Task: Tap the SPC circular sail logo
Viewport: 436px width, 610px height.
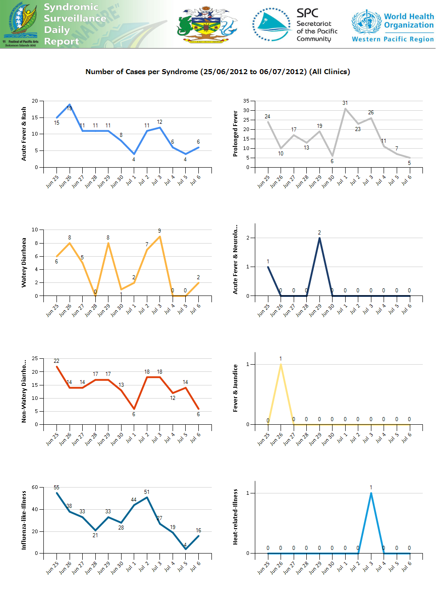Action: (272, 24)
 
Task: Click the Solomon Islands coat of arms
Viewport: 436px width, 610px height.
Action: (206, 24)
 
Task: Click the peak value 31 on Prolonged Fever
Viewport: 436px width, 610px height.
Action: (345, 103)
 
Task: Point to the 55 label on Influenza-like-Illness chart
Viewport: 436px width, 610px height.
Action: (56, 488)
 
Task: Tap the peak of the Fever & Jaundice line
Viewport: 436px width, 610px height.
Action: (281, 364)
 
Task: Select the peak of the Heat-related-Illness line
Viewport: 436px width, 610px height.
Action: (371, 493)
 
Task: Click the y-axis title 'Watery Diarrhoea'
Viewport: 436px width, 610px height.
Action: (24, 263)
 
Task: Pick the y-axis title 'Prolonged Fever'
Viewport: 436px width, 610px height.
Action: (235, 134)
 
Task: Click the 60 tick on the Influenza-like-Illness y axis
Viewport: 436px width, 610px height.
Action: (35, 487)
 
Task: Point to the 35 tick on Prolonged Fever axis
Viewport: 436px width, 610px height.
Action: (246, 101)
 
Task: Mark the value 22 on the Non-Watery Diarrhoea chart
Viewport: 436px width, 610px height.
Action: (56, 361)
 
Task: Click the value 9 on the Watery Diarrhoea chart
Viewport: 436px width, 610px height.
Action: (159, 231)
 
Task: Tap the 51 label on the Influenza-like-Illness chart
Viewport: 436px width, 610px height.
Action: (147, 492)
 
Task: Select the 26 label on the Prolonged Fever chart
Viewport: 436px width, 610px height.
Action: (371, 113)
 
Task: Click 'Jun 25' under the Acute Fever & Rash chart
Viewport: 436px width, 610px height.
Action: (52, 182)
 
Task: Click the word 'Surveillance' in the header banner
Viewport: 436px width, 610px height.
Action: (75, 19)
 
